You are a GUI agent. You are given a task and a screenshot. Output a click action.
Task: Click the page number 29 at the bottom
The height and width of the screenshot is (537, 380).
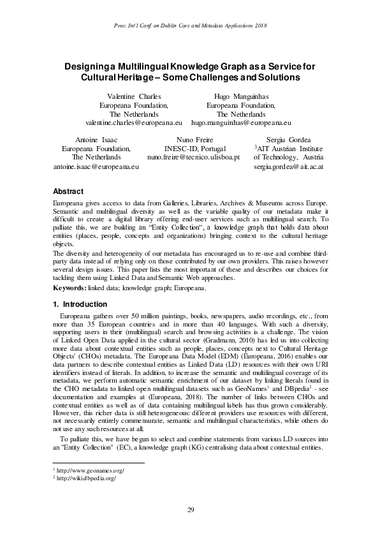coord(190,509)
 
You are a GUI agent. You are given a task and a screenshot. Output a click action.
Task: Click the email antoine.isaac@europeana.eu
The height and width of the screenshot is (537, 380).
coord(96,166)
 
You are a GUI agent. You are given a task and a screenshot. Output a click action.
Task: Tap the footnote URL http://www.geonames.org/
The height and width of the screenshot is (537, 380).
coord(90,471)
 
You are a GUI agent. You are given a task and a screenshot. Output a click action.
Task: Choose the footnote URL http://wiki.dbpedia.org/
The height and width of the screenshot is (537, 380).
coord(87,478)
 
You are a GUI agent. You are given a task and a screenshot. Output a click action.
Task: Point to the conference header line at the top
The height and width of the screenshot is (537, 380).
coord(190,25)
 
